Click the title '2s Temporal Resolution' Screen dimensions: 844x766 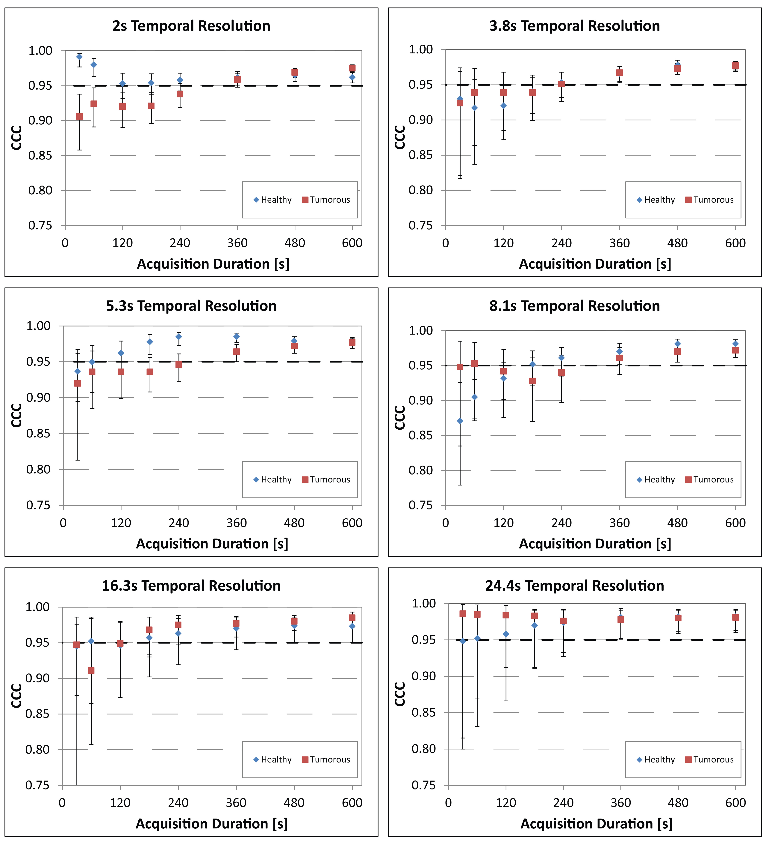191,26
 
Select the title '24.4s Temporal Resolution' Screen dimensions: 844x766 574,586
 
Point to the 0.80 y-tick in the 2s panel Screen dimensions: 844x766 40,190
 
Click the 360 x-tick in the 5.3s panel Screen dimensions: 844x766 236,523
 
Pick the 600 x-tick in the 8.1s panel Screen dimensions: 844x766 735,523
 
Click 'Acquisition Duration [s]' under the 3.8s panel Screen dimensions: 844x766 595,264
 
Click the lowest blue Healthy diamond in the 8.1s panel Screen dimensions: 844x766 460,421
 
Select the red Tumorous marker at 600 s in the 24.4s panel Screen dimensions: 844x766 735,617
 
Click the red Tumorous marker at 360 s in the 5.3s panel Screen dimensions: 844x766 236,352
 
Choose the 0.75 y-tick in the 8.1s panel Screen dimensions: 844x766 420,505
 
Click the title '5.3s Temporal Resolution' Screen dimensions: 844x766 191,306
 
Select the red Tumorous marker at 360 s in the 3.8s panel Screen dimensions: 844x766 619,72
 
